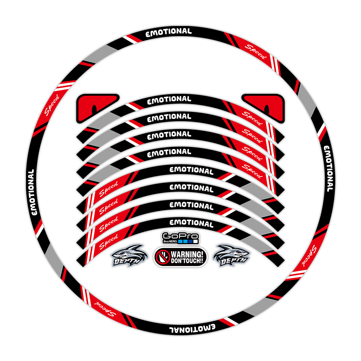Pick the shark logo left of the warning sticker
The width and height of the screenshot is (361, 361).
coord(130,256)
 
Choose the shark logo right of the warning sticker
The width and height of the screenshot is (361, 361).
coord(231,256)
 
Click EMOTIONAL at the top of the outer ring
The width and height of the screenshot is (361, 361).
coord(168,32)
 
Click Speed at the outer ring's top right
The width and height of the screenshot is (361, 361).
coord(256,52)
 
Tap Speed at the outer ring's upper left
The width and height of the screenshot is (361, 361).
coord(52,105)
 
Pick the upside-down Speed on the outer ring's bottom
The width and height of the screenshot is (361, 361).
coord(105,309)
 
